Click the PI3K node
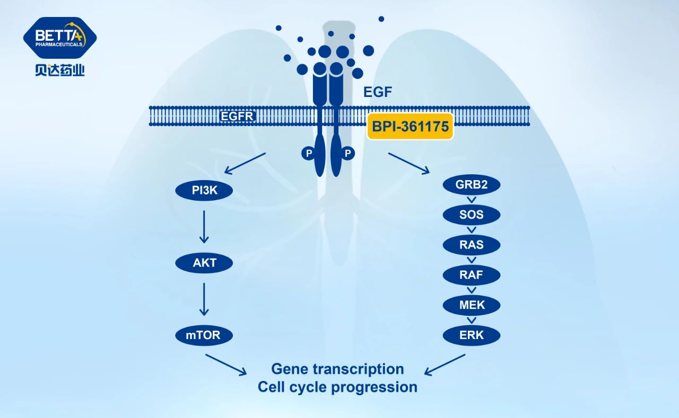click(x=205, y=190)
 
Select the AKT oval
click(x=205, y=263)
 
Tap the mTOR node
click(x=205, y=335)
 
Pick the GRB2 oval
click(x=472, y=185)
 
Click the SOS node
click(x=472, y=215)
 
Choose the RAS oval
click(x=472, y=245)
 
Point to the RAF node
click(x=472, y=275)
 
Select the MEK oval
click(x=472, y=305)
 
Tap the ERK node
click(x=472, y=335)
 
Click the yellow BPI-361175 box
click(x=411, y=127)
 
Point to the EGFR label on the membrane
click(x=238, y=115)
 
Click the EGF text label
click(x=378, y=92)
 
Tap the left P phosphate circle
click(x=308, y=154)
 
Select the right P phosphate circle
click(x=348, y=154)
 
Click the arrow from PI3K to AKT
click(x=205, y=226)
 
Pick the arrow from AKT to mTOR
click(x=205, y=299)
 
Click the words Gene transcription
click(x=337, y=369)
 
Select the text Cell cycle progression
click(x=337, y=387)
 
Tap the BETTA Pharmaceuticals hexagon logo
click(x=60, y=38)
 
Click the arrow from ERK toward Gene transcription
click(x=445, y=364)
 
